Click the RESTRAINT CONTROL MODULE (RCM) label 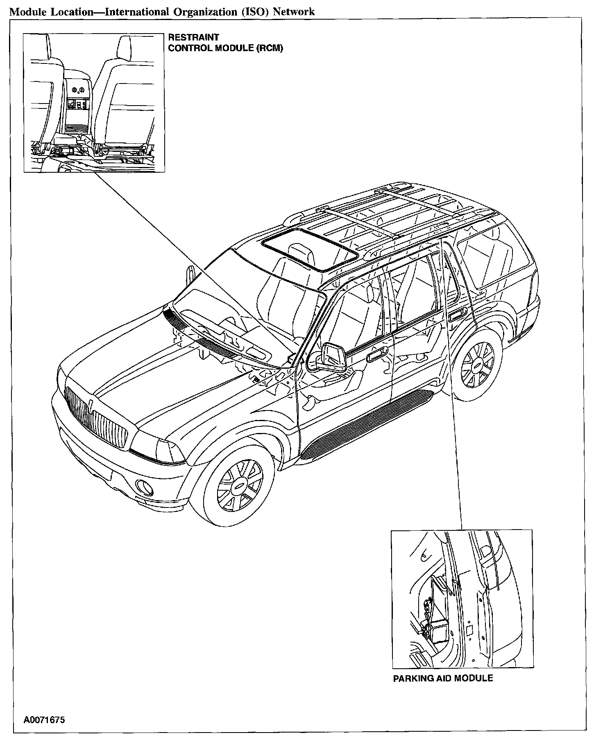tap(225, 43)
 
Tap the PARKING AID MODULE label tap(443, 678)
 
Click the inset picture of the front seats tap(94, 103)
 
